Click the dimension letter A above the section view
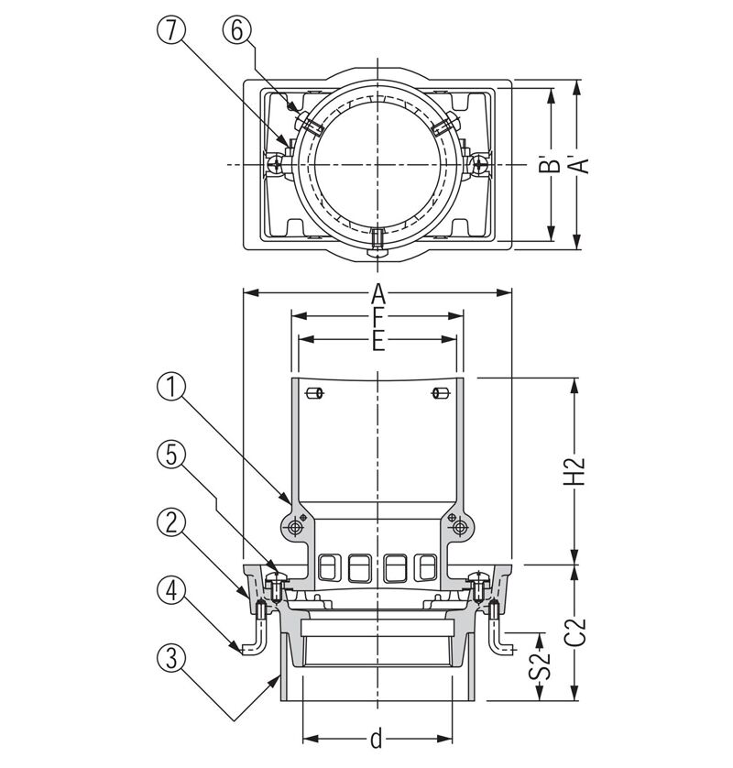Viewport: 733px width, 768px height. (x=377, y=294)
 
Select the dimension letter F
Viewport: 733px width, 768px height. (x=377, y=317)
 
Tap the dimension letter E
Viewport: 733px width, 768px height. (x=377, y=340)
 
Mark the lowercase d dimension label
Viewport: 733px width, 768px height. (x=377, y=738)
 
